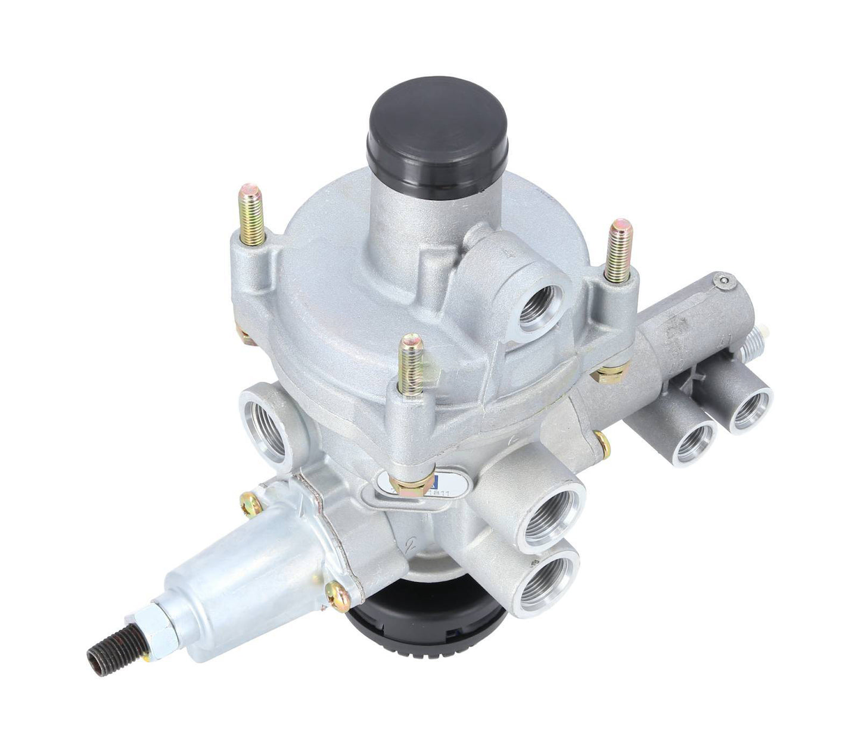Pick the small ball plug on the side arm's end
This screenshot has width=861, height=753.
pyautogui.click(x=723, y=282)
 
